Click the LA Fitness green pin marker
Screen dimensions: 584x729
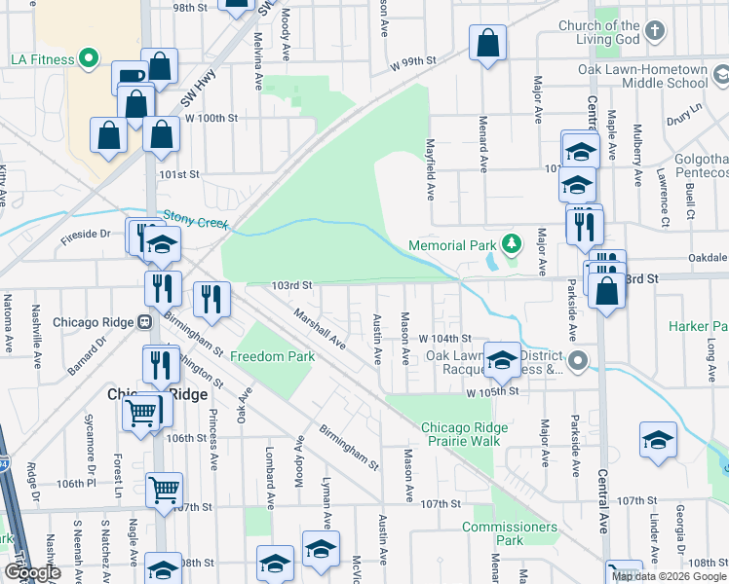click(89, 59)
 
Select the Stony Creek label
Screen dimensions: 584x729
click(195, 220)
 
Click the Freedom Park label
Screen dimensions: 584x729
click(272, 356)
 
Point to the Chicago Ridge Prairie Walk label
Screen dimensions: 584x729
click(460, 434)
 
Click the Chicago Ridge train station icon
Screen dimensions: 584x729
click(144, 322)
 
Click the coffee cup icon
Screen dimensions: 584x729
click(129, 76)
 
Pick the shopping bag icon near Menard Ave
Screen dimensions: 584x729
click(487, 43)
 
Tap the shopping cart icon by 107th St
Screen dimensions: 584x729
click(164, 487)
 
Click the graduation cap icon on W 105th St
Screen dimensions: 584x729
click(502, 360)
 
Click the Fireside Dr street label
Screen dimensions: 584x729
click(87, 235)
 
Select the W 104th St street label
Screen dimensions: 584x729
click(445, 338)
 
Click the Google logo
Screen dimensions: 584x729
click(32, 573)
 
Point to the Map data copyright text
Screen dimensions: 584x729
click(668, 576)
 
